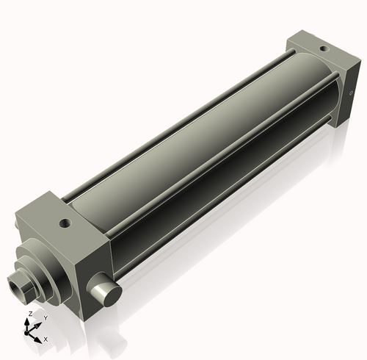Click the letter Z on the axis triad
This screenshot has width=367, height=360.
29,314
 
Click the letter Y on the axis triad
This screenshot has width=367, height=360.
45,317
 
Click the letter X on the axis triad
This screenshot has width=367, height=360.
46,339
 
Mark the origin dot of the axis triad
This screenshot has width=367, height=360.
30,333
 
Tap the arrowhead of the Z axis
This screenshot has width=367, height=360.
29,321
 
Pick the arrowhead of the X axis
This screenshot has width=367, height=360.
40,338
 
